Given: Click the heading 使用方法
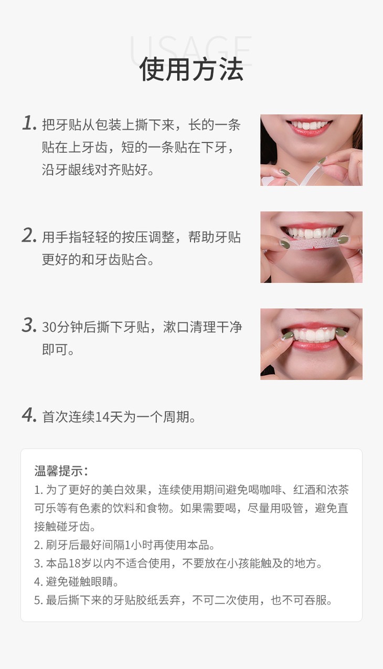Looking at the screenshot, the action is pos(191,69).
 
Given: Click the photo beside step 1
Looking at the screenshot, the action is pos(311,150).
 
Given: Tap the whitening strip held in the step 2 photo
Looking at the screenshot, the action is pos(313,244).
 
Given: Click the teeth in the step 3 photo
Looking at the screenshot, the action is pos(313,335).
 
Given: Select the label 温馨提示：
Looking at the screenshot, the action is pos(61,471).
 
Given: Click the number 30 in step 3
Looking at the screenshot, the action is pos(49,327).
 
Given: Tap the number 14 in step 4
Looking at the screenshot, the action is pos(102,417).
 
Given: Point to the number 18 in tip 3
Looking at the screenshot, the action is pos(75,564).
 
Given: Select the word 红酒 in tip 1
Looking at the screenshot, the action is pos(304,490).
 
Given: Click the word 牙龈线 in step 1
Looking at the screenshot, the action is pos(75,169).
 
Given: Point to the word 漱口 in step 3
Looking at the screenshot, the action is pos(176,327).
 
